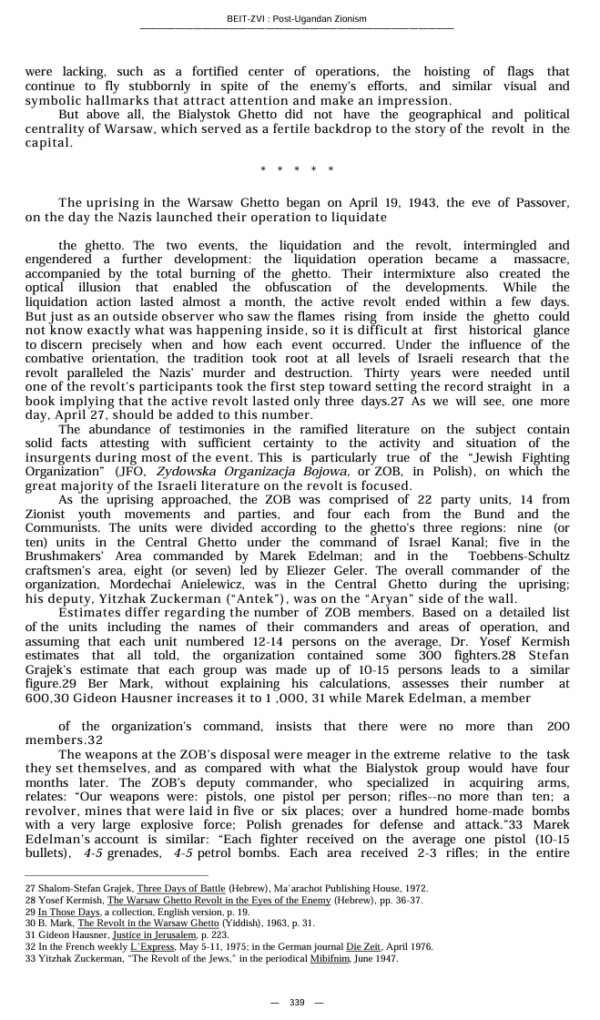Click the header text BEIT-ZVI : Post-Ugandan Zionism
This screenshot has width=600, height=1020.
pyautogui.click(x=297, y=19)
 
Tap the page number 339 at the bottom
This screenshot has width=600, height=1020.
pyautogui.click(x=297, y=1002)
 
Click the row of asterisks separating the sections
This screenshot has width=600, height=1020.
pyautogui.click(x=297, y=169)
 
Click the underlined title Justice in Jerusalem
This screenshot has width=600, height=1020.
pyautogui.click(x=150, y=935)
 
